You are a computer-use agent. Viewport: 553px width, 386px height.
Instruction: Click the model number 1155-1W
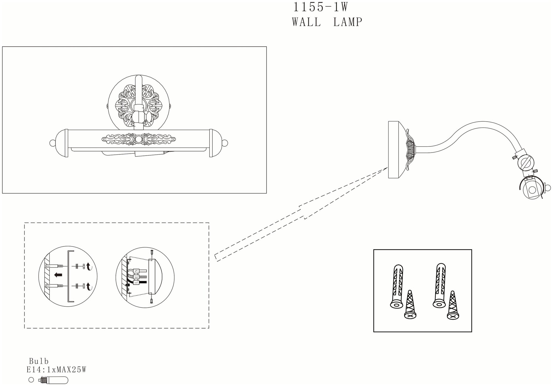320,7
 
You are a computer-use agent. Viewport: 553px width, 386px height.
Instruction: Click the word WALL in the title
307,22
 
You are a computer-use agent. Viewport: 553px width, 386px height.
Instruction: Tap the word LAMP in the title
348,22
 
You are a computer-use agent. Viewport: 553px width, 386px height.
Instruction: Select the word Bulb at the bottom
39,361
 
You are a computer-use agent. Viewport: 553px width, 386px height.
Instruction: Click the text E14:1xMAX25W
56,370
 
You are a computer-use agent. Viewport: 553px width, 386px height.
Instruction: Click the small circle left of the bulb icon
31,380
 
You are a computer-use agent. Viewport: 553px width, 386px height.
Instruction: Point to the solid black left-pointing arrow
58,275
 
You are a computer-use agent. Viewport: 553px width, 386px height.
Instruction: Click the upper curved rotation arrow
89,266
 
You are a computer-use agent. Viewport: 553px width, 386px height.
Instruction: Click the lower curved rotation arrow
89,287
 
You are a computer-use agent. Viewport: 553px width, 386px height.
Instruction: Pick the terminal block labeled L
136,282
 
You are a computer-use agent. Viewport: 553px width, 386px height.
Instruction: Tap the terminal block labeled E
136,277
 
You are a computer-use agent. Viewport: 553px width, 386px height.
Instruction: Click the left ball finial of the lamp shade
52,143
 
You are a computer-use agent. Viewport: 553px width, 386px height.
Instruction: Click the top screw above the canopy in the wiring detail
152,252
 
